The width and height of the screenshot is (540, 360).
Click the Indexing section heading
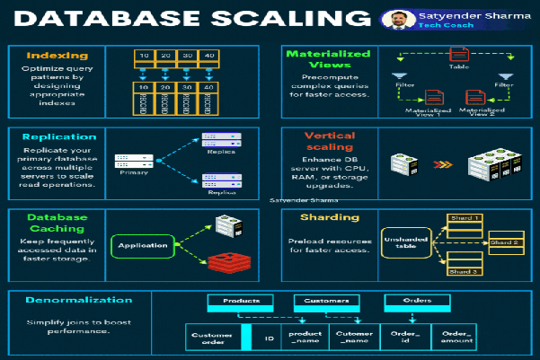(57, 56)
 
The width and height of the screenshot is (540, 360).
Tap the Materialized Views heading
(328, 61)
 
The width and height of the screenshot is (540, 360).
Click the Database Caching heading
(57, 224)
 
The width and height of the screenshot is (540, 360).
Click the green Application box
(142, 245)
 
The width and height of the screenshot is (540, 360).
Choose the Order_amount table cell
(456, 338)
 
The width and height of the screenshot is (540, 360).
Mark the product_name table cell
(305, 338)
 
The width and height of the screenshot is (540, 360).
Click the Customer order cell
(212, 338)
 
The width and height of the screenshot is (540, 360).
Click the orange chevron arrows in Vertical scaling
(438, 164)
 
